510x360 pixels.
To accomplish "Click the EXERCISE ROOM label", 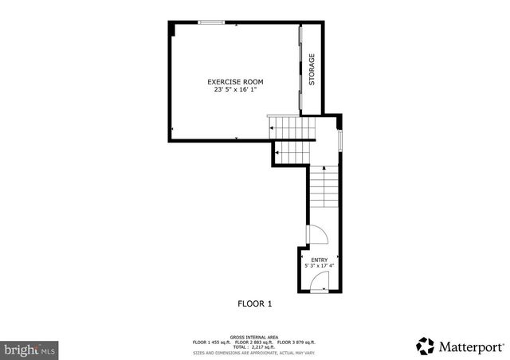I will pyautogui.click(x=235, y=82).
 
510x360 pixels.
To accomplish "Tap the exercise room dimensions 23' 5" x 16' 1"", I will pyautogui.click(x=235, y=89).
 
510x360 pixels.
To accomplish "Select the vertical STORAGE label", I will pyautogui.click(x=312, y=69).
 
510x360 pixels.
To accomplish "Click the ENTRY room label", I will pyautogui.click(x=319, y=260).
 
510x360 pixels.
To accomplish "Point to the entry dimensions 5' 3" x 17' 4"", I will pyautogui.click(x=319, y=266).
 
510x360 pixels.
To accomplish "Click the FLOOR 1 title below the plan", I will pyautogui.click(x=255, y=303).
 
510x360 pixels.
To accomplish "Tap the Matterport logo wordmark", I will pyautogui.click(x=470, y=346).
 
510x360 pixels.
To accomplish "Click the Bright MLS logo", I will pyautogui.click(x=29, y=349).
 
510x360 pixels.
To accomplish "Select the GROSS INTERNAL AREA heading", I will pyautogui.click(x=254, y=337).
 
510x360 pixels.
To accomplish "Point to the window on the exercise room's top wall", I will pyautogui.click(x=210, y=22).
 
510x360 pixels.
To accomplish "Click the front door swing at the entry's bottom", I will pyautogui.click(x=320, y=281).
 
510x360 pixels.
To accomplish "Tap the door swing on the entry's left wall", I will pyautogui.click(x=316, y=236).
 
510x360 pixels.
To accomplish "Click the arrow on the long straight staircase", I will pyautogui.click(x=324, y=169).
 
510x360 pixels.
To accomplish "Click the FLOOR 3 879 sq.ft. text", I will pyautogui.click(x=296, y=342).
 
